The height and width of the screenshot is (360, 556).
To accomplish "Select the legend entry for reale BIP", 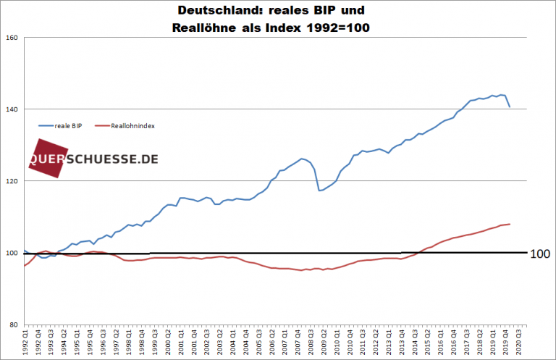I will (64, 125).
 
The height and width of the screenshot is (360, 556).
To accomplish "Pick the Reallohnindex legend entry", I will (132, 125).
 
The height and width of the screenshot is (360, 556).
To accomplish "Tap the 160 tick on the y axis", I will (11, 38).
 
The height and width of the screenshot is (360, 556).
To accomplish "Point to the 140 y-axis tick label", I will (11, 109).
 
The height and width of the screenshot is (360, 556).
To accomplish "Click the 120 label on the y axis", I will (11, 181).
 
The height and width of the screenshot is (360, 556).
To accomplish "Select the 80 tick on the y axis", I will (13, 325).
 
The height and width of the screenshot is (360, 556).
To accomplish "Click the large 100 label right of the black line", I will (540, 254).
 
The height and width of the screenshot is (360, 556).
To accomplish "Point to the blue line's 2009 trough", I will (319, 191).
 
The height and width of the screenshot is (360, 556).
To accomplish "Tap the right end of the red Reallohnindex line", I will (510, 224).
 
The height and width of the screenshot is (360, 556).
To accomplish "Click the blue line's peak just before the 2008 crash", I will (303, 158).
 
